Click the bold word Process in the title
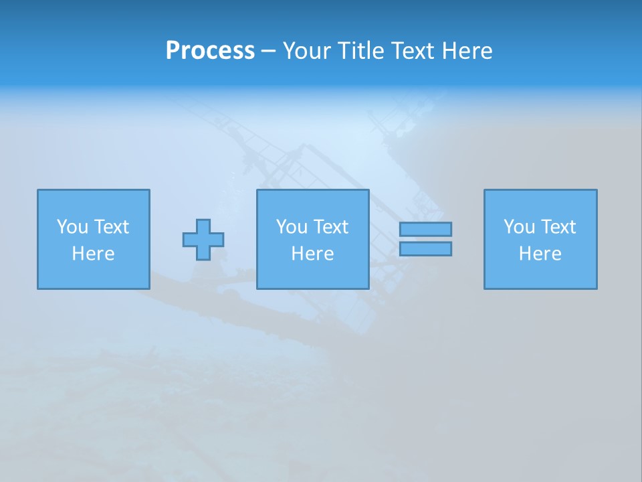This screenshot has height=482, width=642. [x=210, y=51]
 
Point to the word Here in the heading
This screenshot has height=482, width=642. [x=467, y=51]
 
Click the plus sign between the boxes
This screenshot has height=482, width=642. [x=203, y=240]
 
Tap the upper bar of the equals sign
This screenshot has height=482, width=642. [x=425, y=229]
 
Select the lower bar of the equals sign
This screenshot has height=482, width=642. [x=425, y=248]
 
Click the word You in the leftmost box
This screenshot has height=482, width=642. [x=72, y=227]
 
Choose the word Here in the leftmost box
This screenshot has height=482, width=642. [x=93, y=254]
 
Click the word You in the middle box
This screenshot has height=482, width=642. [x=292, y=227]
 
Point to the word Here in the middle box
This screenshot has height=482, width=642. [x=312, y=254]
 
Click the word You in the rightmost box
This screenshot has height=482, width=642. [x=519, y=227]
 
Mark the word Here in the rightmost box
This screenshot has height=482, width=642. [x=540, y=254]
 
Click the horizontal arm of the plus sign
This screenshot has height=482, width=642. [x=189, y=240]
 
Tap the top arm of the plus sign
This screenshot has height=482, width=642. [x=203, y=225]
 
